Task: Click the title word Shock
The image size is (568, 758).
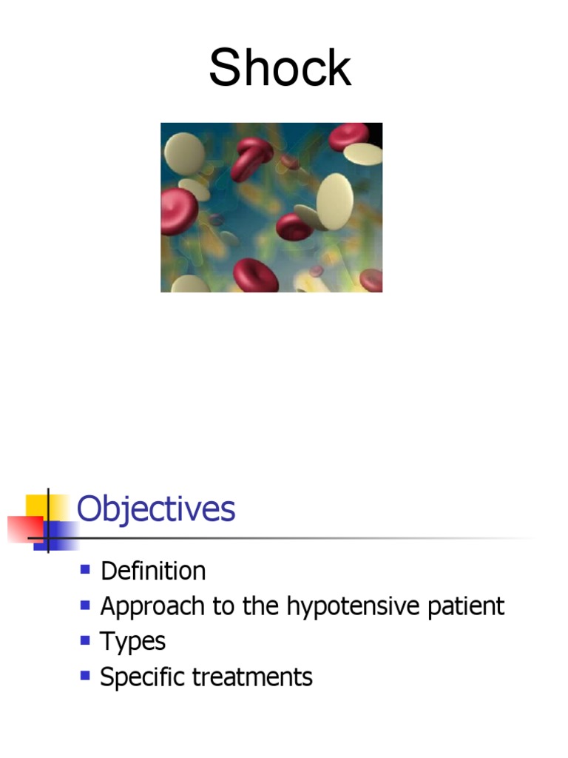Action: (280, 68)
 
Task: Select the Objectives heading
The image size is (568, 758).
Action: (156, 510)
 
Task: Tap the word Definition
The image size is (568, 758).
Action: (153, 571)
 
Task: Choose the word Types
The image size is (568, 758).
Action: (133, 641)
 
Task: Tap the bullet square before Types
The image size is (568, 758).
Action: (85, 639)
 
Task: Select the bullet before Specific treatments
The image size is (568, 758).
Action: (85, 674)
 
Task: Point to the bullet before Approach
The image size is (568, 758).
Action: (85, 604)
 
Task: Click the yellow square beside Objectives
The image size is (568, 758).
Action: (38, 506)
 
